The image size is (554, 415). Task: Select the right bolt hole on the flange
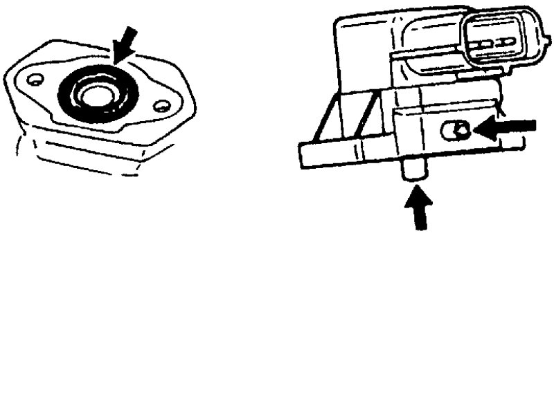[x=161, y=107]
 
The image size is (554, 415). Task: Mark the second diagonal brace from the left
[x=368, y=118]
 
